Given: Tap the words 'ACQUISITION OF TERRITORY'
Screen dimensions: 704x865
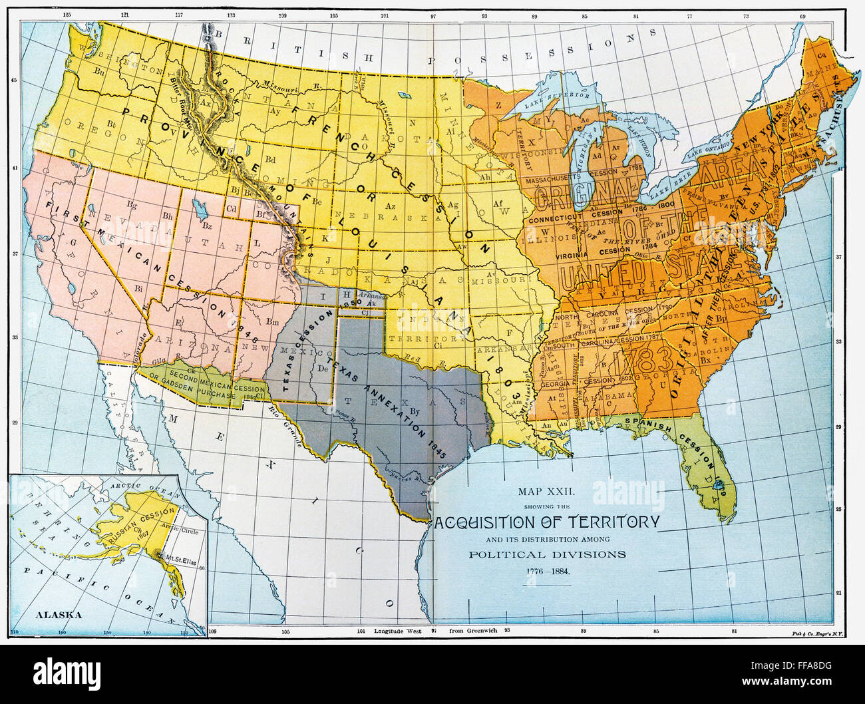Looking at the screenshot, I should [547, 521].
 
